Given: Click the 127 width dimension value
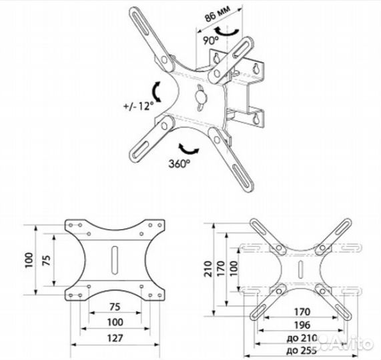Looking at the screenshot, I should pyautogui.click(x=112, y=337).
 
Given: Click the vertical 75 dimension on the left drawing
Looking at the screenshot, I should pyautogui.click(x=45, y=261).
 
